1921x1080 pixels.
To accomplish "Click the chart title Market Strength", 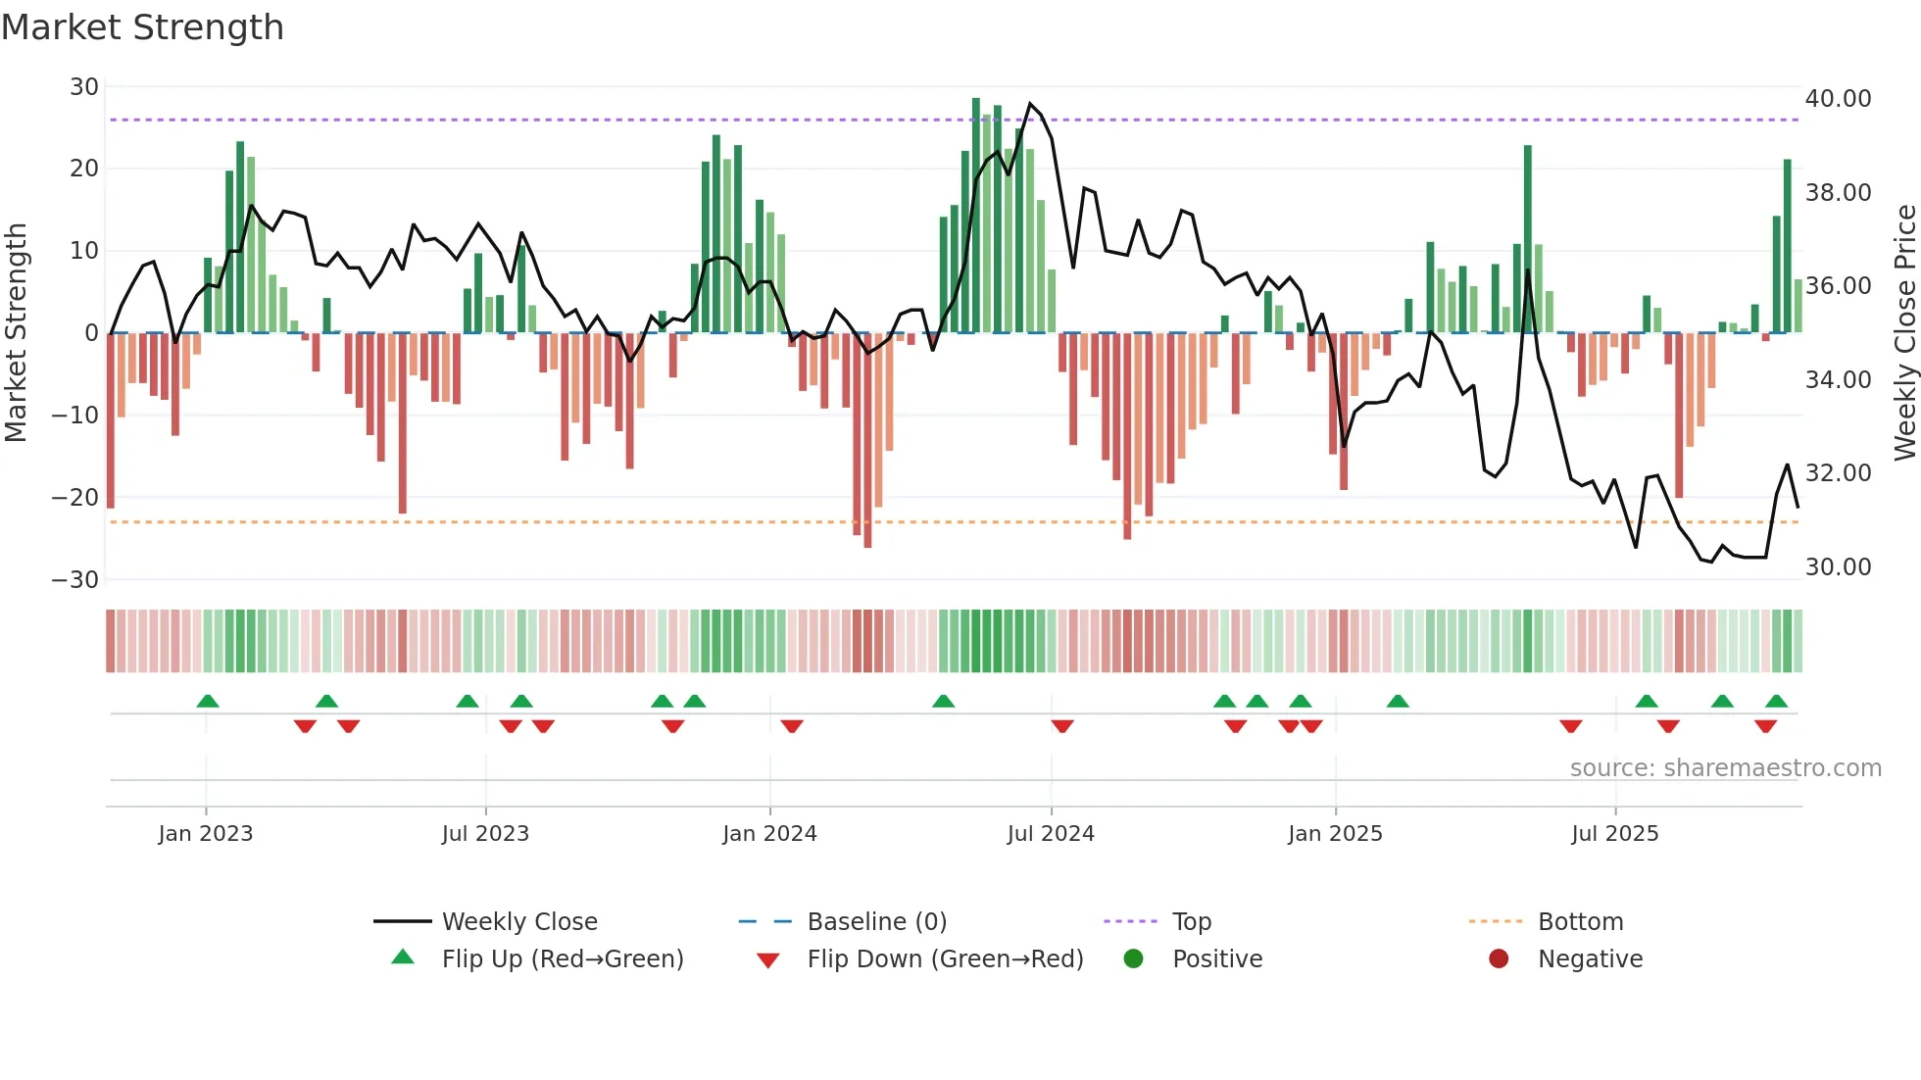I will (x=142, y=27).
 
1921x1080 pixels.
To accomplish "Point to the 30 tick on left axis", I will (x=84, y=87).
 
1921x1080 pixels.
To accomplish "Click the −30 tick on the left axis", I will (x=75, y=579).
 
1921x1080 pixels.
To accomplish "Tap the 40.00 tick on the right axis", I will (x=1838, y=99).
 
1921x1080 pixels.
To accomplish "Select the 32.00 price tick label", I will (x=1838, y=473).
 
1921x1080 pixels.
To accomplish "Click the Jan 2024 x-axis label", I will (x=769, y=834).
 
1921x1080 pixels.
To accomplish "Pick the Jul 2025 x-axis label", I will (x=1614, y=834).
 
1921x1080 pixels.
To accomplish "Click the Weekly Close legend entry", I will (x=518, y=922).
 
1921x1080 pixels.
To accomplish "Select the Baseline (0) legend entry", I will (x=876, y=922).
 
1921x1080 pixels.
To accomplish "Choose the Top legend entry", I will (x=1191, y=922).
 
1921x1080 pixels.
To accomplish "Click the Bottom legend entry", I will (x=1580, y=922).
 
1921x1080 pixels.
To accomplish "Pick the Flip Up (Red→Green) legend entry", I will (x=562, y=959).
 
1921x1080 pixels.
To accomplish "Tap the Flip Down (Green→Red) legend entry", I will (x=945, y=959).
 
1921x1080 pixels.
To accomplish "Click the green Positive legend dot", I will (x=1134, y=959).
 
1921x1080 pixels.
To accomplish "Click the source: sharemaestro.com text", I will (x=1725, y=768).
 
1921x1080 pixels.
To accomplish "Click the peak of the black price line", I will (x=1029, y=103).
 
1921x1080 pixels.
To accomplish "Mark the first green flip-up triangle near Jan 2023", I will (x=208, y=702).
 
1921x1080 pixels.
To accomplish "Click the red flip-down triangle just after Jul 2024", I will (x=1062, y=726).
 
